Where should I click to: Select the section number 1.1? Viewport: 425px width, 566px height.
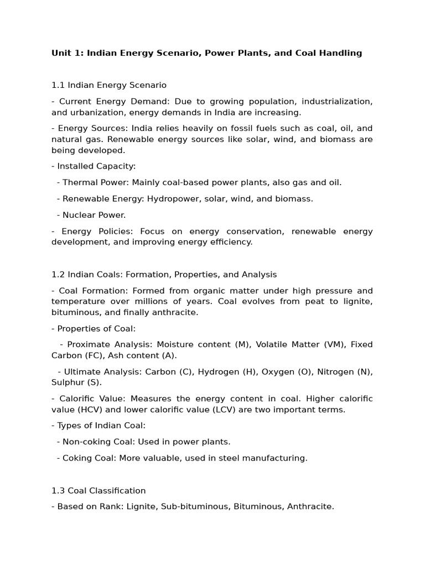click(x=58, y=85)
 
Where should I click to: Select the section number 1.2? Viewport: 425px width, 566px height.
click(x=58, y=274)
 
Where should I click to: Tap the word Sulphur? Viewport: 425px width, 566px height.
click(x=68, y=382)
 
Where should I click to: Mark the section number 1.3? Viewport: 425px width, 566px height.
click(x=58, y=490)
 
